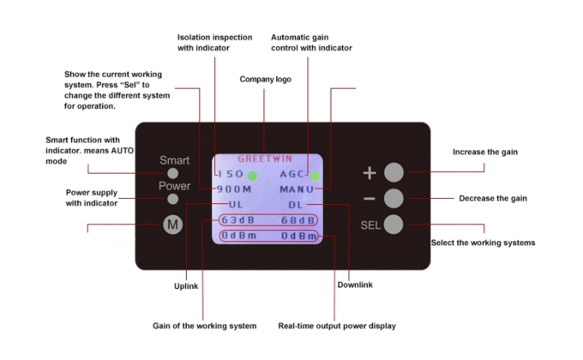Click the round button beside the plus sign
(x=394, y=171)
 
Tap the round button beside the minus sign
(x=394, y=199)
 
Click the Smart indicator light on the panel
(x=173, y=174)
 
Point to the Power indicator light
(x=173, y=199)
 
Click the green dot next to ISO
(x=253, y=176)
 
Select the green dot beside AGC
(x=315, y=176)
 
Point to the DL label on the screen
(x=295, y=205)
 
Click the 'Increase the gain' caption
(x=485, y=153)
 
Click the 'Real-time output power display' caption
(x=337, y=326)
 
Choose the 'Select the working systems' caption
(x=483, y=243)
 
